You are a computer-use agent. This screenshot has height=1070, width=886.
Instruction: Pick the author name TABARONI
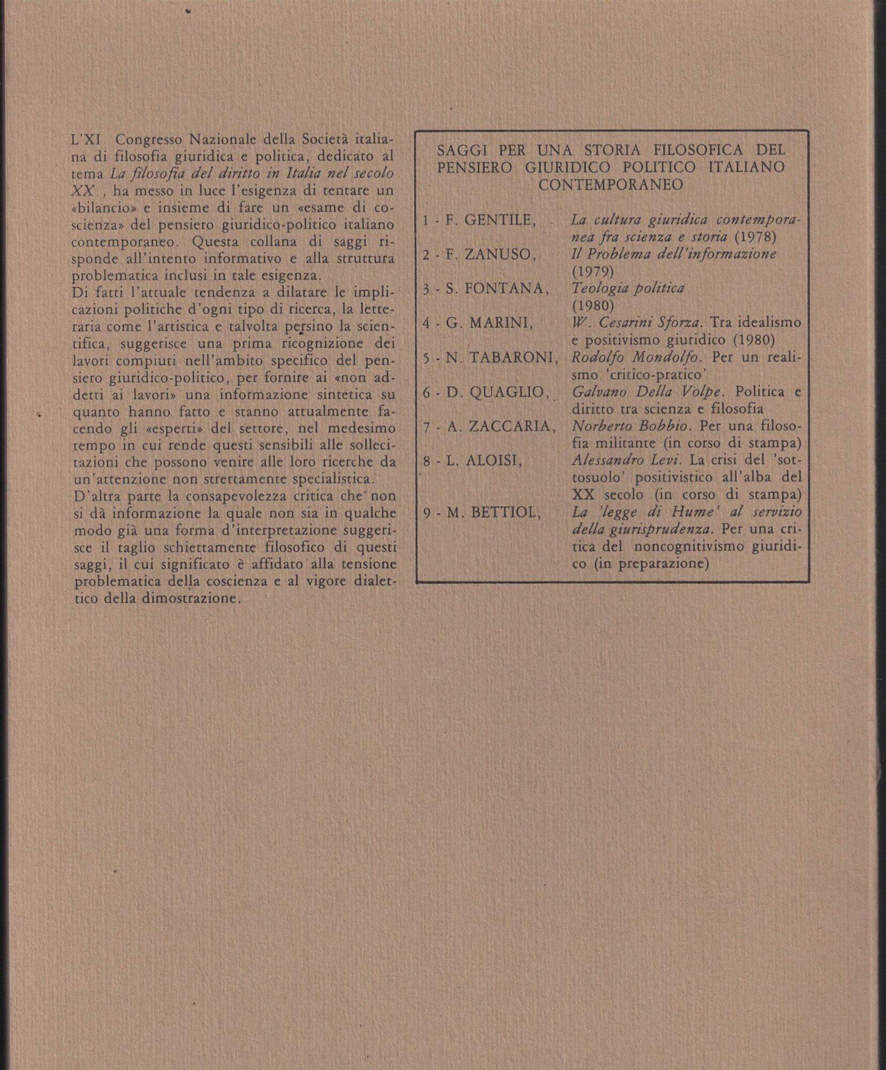coord(514,358)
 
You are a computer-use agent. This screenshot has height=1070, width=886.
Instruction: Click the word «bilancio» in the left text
coord(100,208)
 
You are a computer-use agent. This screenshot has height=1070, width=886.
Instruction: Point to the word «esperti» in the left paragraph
coord(174,429)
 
